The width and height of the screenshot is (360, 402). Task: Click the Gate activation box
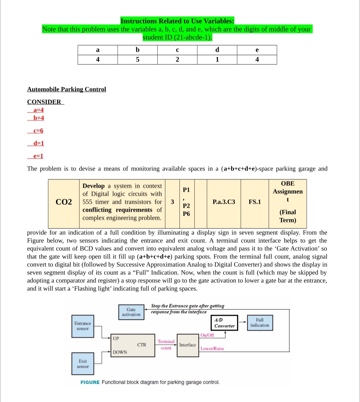(131, 312)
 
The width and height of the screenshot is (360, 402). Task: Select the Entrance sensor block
(83, 326)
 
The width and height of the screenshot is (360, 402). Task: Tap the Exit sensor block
(83, 364)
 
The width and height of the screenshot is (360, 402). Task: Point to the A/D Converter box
(224, 323)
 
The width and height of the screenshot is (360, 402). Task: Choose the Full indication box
(260, 323)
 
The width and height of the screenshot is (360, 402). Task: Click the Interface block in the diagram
(188, 345)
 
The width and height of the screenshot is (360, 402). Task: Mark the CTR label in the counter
(142, 345)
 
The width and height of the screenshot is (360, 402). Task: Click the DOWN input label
(120, 352)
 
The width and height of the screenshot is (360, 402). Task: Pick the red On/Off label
(207, 335)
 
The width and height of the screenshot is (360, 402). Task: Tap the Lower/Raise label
(212, 349)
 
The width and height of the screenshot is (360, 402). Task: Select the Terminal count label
(166, 345)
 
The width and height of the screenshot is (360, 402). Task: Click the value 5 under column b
(137, 60)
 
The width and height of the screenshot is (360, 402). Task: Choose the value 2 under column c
(177, 60)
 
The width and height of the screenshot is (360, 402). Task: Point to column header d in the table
(217, 50)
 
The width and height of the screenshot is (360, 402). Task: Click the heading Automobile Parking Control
(66, 89)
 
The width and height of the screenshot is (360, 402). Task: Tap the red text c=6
(38, 131)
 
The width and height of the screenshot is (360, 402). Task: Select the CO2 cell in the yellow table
(64, 202)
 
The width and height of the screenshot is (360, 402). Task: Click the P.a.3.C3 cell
(224, 202)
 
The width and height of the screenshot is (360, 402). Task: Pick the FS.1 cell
(255, 202)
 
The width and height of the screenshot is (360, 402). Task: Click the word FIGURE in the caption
(90, 382)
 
